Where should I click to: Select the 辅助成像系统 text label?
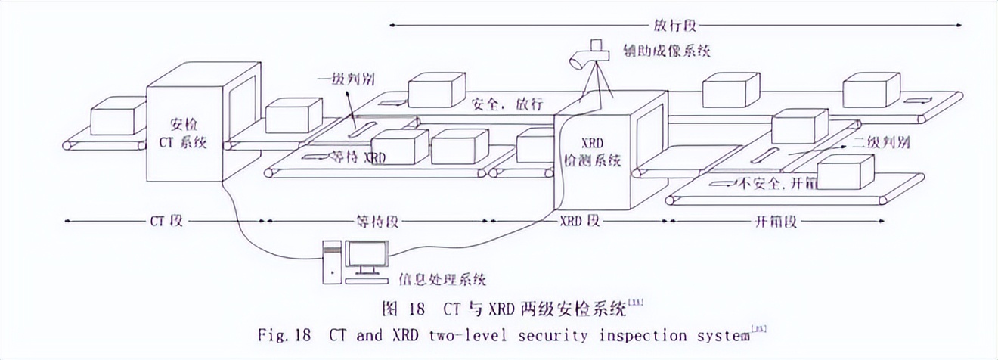(x=666, y=51)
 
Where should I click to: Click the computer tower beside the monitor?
(x=332, y=262)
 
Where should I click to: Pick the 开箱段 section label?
(x=776, y=222)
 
